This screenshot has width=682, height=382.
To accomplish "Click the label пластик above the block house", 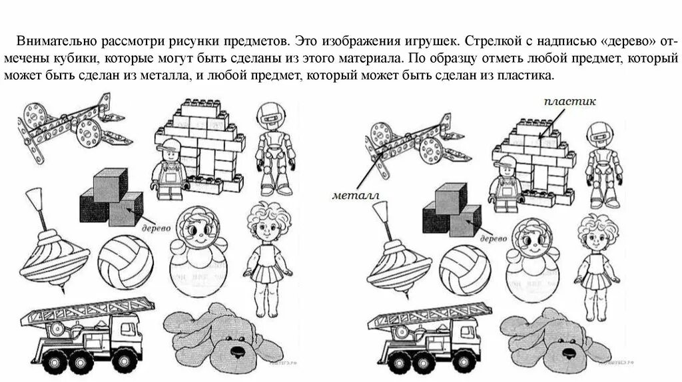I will [569, 102].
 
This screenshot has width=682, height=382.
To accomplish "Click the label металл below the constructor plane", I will [354, 196].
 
